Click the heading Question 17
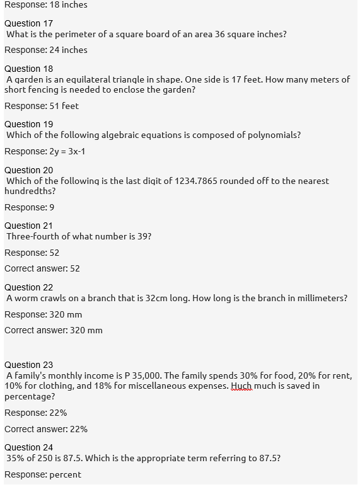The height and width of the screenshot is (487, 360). pos(28,23)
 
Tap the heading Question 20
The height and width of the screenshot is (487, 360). pos(28,170)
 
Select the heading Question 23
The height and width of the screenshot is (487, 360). pos(28,365)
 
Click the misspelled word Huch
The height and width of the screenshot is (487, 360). pos(241,386)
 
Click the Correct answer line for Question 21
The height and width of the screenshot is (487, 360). pos(42,268)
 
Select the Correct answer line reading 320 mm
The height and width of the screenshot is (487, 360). pos(54,330)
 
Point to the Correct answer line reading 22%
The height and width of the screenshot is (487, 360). pos(46,429)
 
